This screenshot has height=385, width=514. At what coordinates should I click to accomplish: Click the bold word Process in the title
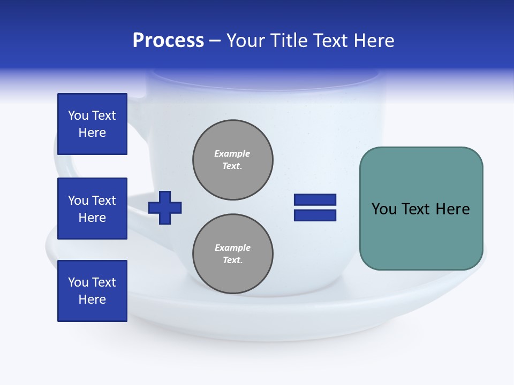168,41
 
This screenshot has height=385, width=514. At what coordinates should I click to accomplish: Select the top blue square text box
92,124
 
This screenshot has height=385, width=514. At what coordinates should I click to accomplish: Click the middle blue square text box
92,209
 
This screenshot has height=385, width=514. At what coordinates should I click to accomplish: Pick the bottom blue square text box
92,291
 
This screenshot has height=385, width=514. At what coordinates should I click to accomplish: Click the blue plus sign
165,207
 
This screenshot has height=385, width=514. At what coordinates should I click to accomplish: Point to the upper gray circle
233,160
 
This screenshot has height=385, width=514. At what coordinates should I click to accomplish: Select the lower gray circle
233,254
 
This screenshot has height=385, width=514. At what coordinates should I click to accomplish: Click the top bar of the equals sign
315,199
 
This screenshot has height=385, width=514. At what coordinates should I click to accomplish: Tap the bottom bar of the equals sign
315,215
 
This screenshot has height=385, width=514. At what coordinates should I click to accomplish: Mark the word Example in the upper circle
232,153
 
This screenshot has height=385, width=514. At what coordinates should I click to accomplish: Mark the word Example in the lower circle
232,248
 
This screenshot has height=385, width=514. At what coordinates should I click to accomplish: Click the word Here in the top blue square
92,133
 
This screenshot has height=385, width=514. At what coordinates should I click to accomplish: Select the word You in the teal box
383,209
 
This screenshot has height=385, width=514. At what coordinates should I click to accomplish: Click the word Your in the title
247,41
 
